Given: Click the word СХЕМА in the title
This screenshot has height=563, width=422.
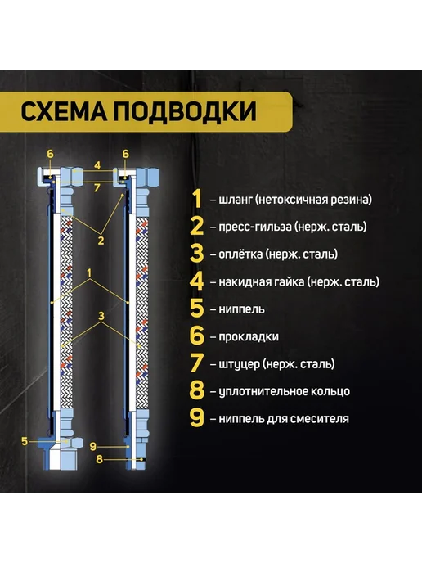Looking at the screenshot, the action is pos(64,111).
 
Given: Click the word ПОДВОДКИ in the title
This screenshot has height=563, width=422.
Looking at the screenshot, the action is pos(185,111).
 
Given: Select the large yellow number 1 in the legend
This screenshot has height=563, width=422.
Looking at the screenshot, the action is pos(197,199).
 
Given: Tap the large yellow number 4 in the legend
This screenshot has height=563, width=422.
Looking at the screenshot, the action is pos(196,281).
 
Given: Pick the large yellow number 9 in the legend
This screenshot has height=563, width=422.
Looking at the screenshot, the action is pos(196,418).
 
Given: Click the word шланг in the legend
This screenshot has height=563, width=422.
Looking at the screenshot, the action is pos(235,200).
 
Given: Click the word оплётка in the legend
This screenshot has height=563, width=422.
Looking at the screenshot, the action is pos(240,254).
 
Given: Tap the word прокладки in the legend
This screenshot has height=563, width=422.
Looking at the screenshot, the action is pos(249,337).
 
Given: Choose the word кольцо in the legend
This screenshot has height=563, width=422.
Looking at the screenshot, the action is pos(330,391).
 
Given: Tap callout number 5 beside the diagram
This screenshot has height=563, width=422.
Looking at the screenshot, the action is pos(25,441).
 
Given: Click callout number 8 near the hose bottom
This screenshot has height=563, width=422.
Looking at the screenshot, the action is pos(100,459).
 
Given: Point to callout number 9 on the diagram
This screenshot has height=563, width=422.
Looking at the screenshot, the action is pos(93,446).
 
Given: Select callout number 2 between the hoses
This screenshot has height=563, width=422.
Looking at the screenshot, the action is pos(101,241).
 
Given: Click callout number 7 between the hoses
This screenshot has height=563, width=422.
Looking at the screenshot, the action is pos(97,187).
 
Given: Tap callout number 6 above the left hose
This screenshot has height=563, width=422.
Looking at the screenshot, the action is pos(50,154).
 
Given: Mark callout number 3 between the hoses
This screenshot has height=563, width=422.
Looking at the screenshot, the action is pos(101,316).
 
